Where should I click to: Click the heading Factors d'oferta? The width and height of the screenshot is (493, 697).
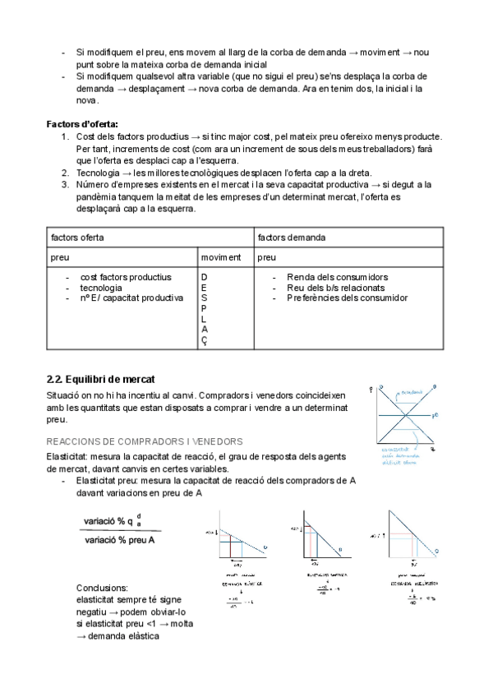[82, 123]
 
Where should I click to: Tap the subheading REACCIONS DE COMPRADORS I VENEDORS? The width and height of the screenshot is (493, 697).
[144, 441]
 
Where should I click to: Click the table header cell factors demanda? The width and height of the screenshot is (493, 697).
[292, 237]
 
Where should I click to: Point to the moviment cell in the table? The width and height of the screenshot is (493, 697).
[221, 257]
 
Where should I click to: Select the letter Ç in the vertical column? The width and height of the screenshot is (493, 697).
[205, 342]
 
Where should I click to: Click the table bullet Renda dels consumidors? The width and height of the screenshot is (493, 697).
[337, 277]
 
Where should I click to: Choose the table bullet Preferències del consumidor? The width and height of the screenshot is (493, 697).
[347, 298]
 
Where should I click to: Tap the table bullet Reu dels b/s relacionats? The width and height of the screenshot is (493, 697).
[335, 288]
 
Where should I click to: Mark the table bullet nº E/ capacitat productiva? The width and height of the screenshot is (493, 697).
[131, 298]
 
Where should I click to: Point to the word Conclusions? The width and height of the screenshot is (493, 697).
[102, 589]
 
